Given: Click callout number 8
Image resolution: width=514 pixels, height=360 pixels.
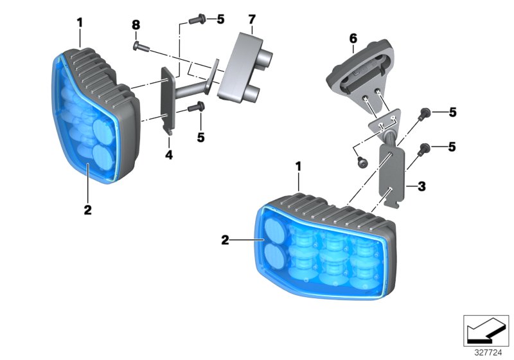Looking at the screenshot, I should [x=136, y=25].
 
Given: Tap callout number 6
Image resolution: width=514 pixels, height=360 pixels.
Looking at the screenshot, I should [x=353, y=39].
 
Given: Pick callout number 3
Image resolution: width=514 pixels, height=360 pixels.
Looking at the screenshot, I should [x=421, y=187].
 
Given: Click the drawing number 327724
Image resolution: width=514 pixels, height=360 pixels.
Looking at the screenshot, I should [x=488, y=353].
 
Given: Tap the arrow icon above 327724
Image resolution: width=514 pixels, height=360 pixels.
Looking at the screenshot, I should [x=487, y=332].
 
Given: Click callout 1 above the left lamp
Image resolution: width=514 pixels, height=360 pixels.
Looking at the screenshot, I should [x=80, y=22].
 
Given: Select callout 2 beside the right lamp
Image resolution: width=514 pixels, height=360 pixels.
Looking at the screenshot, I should [x=225, y=240].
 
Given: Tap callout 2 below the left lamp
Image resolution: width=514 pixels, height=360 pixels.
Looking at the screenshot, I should [x=87, y=210].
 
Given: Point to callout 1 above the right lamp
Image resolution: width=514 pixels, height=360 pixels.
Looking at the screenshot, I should [x=298, y=166].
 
